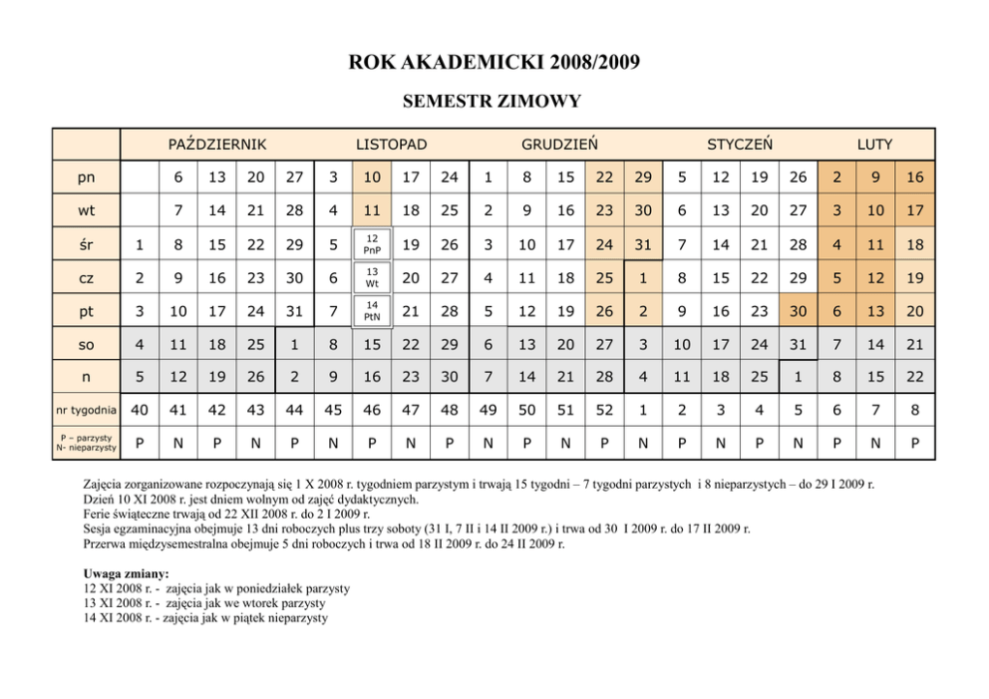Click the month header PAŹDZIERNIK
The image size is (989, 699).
[x=217, y=145]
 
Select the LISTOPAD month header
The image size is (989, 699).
[x=392, y=145]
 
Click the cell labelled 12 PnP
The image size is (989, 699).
[x=372, y=244]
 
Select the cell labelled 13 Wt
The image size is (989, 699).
[x=372, y=277]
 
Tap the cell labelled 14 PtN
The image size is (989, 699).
[x=372, y=311]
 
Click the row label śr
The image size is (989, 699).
[x=86, y=244]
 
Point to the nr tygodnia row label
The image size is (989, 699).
[x=86, y=410]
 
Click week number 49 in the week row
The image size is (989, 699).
[x=489, y=410]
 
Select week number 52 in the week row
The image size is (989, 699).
[x=604, y=410]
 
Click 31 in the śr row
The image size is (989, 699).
[x=643, y=244]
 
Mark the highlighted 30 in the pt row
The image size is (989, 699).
[x=798, y=311]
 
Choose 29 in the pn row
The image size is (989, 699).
[x=643, y=177]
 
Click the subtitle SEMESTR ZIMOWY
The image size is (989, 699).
[x=493, y=101]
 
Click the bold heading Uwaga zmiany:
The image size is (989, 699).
[x=127, y=574]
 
